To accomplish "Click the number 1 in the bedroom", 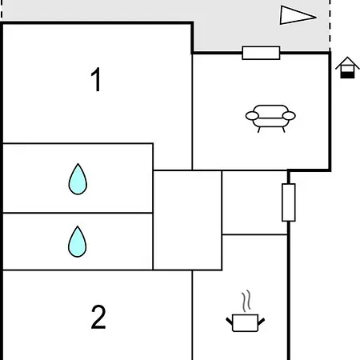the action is (96, 79).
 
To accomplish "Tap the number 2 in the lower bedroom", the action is (98, 317).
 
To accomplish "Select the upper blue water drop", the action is (78, 179).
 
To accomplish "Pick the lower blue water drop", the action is (78, 242).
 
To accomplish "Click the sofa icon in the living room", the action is (270, 118).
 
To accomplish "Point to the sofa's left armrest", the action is (252, 116).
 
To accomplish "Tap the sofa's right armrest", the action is (289, 116).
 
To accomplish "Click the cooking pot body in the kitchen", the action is (245, 323).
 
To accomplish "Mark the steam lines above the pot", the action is (246, 301).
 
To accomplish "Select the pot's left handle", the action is (229, 321).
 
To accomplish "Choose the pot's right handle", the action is (261, 322).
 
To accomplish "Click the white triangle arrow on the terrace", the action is (298, 15).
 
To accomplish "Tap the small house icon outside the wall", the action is (347, 68).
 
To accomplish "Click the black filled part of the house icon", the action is (347, 75).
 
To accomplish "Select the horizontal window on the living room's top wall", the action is (261, 53).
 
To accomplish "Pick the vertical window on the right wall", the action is (289, 202).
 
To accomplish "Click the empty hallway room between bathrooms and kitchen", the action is (187, 220).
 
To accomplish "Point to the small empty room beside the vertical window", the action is (254, 202).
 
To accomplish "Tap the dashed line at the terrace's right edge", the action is (330, 26).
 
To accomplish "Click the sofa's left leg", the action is (258, 130).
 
